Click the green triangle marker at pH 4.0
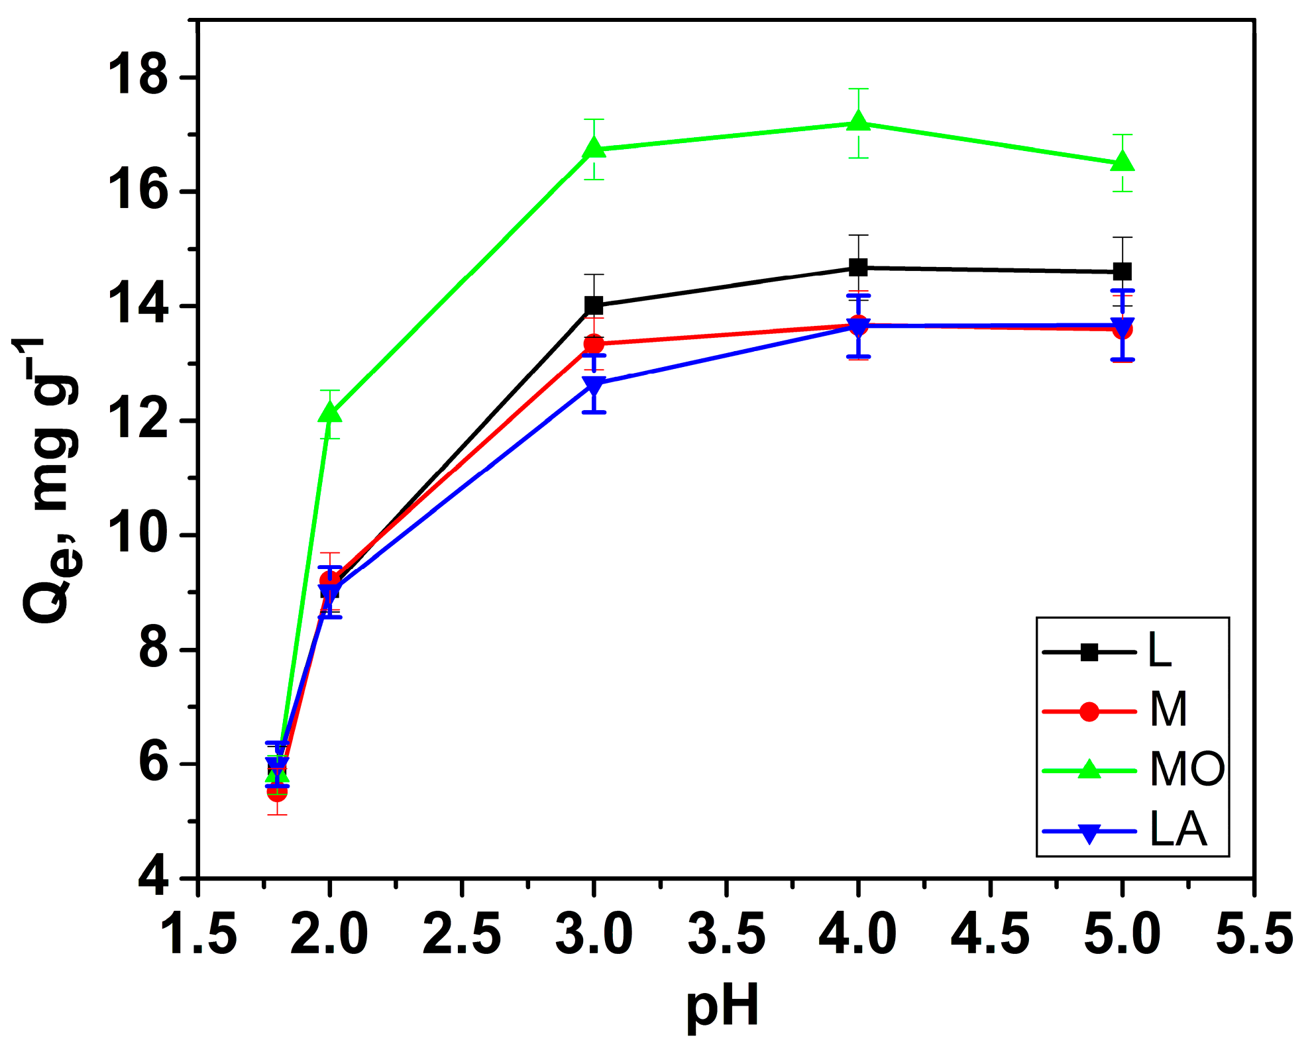[x=858, y=122]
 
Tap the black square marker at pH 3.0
[x=594, y=305]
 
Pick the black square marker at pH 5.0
[x=1122, y=271]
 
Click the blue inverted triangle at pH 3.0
[x=594, y=385]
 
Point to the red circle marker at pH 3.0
[x=594, y=344]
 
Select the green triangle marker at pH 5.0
[x=1122, y=162]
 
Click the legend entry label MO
[x=1187, y=769]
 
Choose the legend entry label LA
[x=1178, y=829]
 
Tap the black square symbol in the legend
[x=1089, y=652]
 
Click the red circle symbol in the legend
[x=1089, y=712]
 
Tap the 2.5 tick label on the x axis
[x=462, y=935]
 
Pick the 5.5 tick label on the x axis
[x=1254, y=935]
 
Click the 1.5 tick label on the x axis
[x=198, y=935]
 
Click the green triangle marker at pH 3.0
[x=594, y=148]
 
